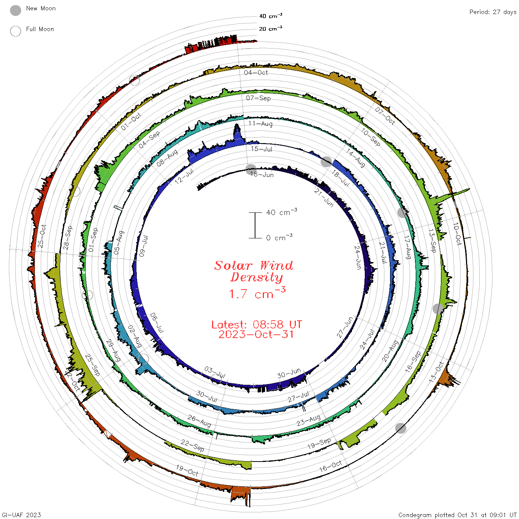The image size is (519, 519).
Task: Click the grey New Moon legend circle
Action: (x=16, y=10)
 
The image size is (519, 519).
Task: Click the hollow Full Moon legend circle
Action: (x=16, y=31)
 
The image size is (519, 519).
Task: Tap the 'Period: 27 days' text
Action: (x=493, y=12)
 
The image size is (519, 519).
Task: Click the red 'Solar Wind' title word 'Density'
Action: (x=257, y=277)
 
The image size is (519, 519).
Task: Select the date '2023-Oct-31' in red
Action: (x=256, y=334)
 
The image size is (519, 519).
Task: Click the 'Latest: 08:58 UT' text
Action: (x=257, y=324)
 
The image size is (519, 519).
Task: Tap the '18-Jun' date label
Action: (x=262, y=175)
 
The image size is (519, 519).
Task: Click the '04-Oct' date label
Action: (x=256, y=73)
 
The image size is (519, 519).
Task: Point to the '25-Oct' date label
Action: (x=42, y=236)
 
